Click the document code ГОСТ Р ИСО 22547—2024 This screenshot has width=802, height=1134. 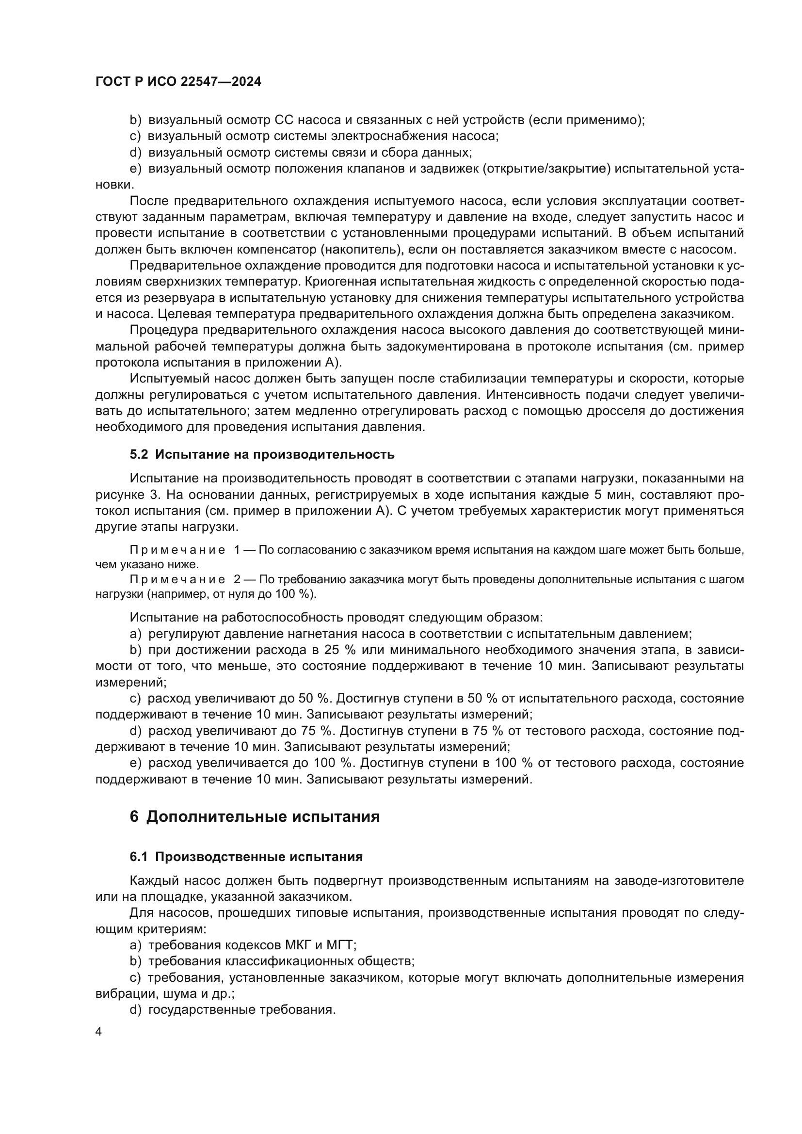coord(178,81)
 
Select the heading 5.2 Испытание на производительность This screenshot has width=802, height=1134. coord(262,454)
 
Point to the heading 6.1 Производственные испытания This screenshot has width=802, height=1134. coord(246,856)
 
